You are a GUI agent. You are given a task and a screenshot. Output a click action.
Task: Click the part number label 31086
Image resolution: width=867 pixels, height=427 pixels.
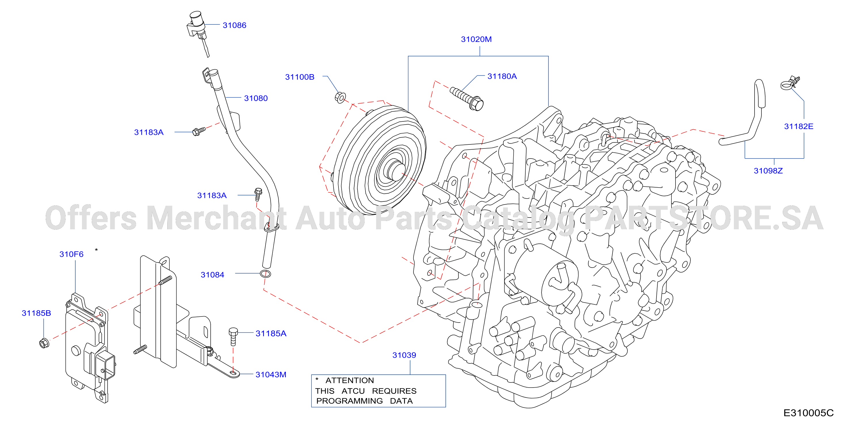point(234,25)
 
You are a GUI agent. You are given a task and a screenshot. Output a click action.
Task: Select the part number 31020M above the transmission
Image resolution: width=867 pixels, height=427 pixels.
point(476,39)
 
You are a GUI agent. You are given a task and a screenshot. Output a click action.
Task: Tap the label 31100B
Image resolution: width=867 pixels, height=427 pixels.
point(300,77)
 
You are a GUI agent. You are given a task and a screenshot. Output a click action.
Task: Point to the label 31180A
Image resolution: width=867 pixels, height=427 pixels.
point(502,77)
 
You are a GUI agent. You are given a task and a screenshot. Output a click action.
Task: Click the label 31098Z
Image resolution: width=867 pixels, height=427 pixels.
point(768,171)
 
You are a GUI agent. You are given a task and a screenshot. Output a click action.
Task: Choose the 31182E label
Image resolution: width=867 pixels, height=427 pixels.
point(798,127)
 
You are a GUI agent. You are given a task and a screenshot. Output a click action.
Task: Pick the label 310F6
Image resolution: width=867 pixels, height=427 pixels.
point(71,254)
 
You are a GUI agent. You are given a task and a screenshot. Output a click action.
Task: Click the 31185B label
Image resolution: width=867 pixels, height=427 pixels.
point(36,313)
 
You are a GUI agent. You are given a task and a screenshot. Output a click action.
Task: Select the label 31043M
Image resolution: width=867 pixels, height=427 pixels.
point(271,374)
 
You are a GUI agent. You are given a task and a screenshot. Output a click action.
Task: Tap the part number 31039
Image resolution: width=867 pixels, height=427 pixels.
point(404,355)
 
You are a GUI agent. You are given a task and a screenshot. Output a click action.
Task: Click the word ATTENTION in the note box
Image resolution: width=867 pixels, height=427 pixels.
point(349,380)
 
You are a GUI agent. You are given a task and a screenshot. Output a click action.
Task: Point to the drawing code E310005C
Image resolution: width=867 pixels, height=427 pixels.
point(808,413)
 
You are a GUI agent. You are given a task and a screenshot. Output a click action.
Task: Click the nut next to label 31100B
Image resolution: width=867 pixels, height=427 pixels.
point(340,98)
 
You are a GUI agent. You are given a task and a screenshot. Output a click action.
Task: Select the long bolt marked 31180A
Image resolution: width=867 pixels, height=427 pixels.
point(466,98)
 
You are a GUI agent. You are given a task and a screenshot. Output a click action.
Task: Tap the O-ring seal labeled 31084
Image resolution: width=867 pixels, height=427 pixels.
point(265,274)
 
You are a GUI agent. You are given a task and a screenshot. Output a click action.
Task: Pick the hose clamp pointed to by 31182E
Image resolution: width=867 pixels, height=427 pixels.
point(789,83)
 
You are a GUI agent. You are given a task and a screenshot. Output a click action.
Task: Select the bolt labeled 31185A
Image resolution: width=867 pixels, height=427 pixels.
point(233,337)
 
